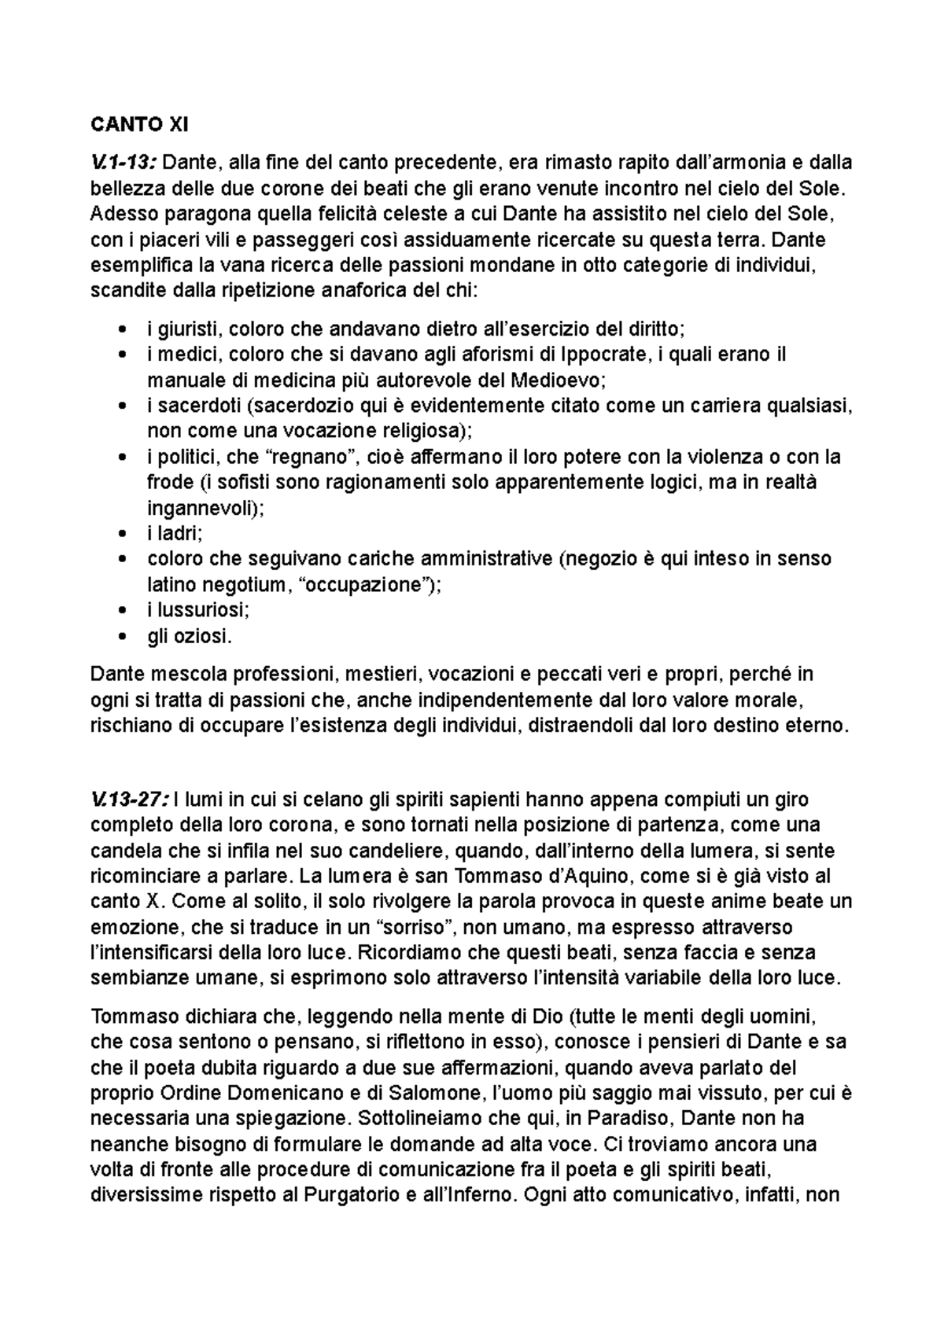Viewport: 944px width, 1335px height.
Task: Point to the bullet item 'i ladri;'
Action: tap(175, 533)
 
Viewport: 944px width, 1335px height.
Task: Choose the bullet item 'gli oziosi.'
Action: tap(190, 636)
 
